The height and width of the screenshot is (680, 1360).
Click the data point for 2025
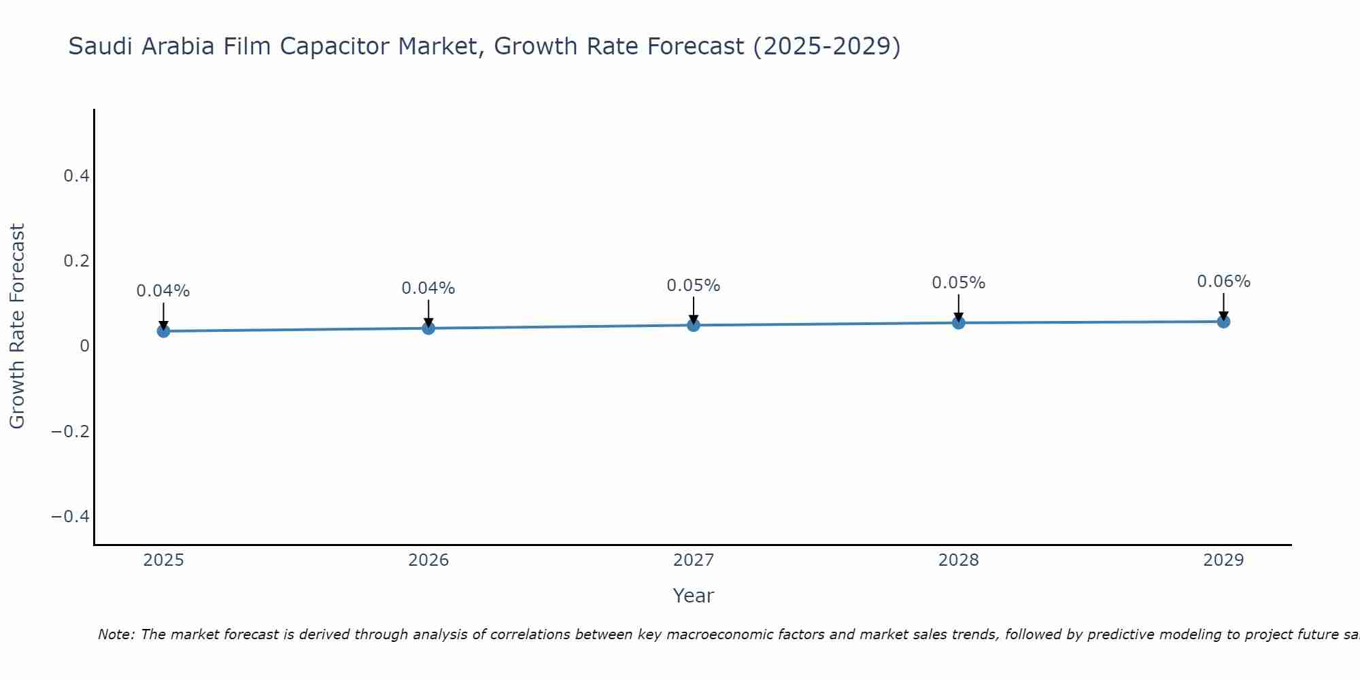[x=163, y=331]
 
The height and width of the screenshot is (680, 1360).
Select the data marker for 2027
[x=693, y=325]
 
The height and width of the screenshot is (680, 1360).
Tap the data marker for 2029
[x=1223, y=321]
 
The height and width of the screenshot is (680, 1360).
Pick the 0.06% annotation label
[x=1223, y=282]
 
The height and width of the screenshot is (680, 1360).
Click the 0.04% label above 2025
[x=163, y=291]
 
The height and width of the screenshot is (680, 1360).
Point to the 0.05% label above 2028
[x=958, y=283]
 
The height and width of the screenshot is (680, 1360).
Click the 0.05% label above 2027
[x=693, y=286]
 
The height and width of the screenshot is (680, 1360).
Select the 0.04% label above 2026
[x=428, y=288]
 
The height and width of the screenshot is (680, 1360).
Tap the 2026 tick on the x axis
[x=428, y=560]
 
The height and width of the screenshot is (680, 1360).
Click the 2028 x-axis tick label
[x=958, y=560]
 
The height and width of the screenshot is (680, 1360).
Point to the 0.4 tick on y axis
[x=76, y=176]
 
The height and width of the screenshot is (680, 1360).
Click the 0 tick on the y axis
[x=84, y=346]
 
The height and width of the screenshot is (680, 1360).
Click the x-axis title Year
[x=693, y=596]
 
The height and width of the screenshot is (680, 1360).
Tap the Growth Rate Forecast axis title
[x=17, y=326]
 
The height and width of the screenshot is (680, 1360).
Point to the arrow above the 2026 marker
[x=428, y=313]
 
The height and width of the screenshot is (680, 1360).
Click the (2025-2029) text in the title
[x=827, y=46]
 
